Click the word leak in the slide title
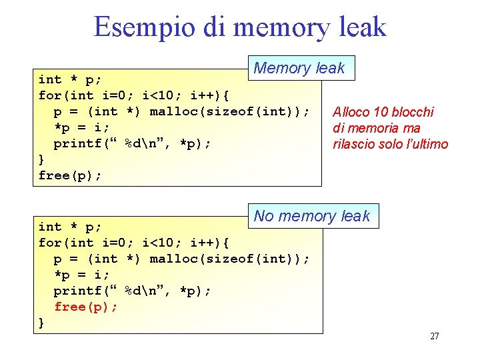pyautogui.click(x=361, y=27)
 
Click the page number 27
pyautogui.click(x=434, y=336)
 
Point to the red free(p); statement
pyautogui.click(x=86, y=307)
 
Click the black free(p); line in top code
pyautogui.click(x=70, y=175)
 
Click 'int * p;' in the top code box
pyautogui.click(x=70, y=80)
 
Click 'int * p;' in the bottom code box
pyautogui.click(x=70, y=227)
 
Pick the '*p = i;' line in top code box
pyautogui.click(x=81, y=127)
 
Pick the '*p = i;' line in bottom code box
pyautogui.click(x=81, y=275)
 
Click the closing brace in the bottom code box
pyautogui.click(x=42, y=323)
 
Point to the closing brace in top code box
pyautogui.click(x=42, y=159)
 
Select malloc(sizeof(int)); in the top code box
pyautogui.click(x=229, y=111)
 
